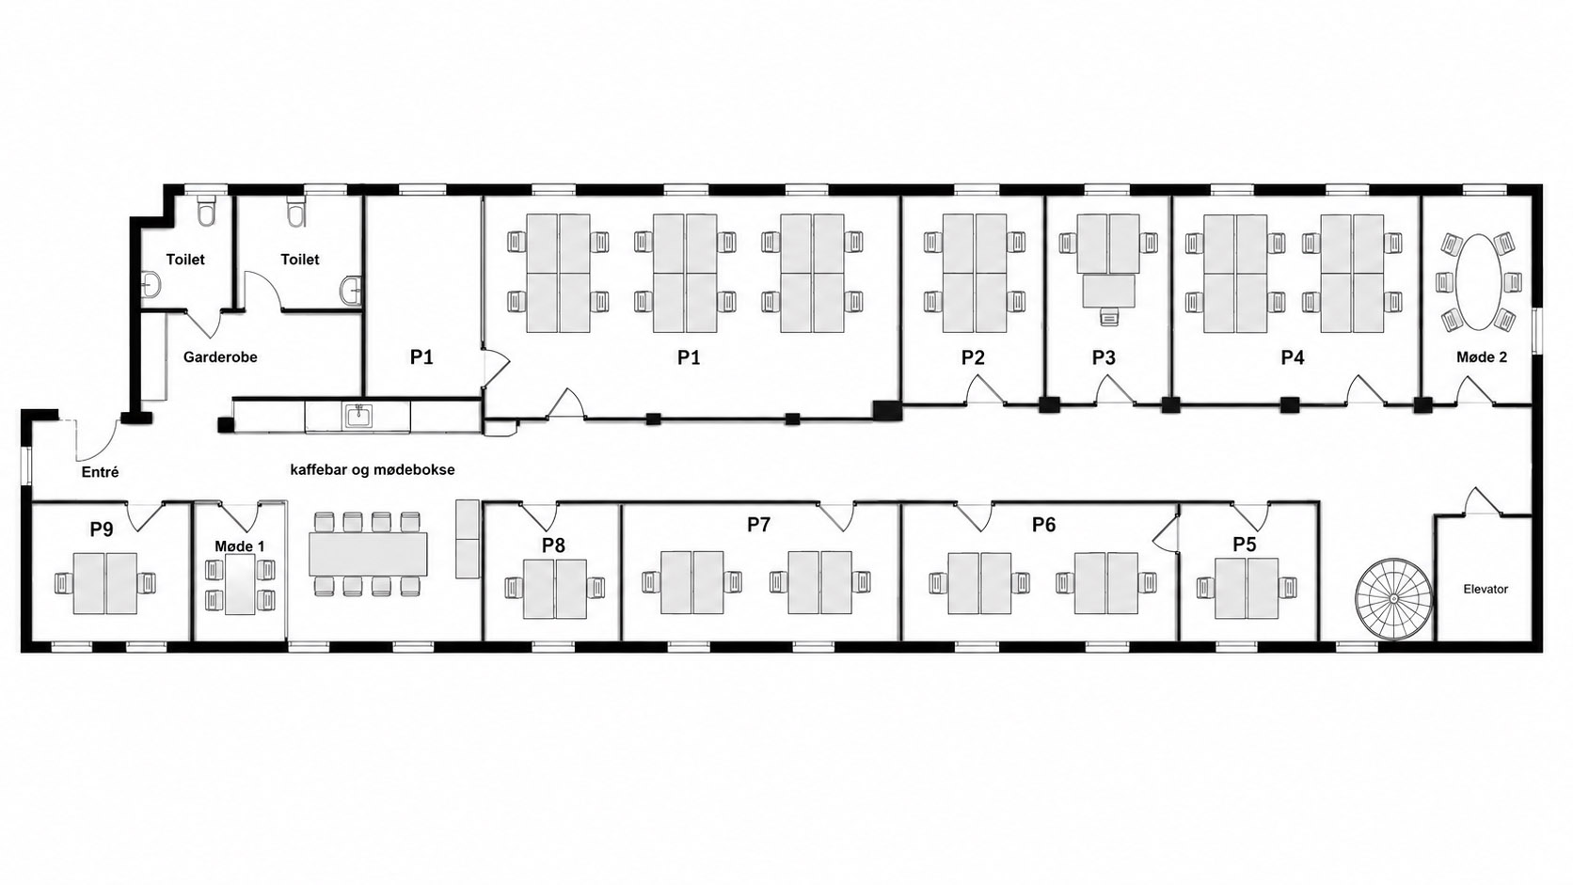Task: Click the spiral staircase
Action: [1393, 599]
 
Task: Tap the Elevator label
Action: [1486, 590]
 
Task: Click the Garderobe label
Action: [220, 357]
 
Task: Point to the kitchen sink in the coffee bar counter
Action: [358, 416]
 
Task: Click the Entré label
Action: [101, 472]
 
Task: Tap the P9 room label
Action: [102, 529]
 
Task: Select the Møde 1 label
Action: [240, 546]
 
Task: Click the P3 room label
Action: [1104, 358]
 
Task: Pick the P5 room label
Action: [1245, 544]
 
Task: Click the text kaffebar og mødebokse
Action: [373, 470]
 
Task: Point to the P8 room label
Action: [553, 545]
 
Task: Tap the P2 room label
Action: [973, 358]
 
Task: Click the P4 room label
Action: [1292, 358]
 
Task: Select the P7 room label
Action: [758, 524]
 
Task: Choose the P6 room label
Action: [1043, 524]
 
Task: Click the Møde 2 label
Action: [1482, 357]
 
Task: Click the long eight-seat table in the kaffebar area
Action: [369, 555]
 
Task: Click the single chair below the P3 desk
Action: [1109, 316]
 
